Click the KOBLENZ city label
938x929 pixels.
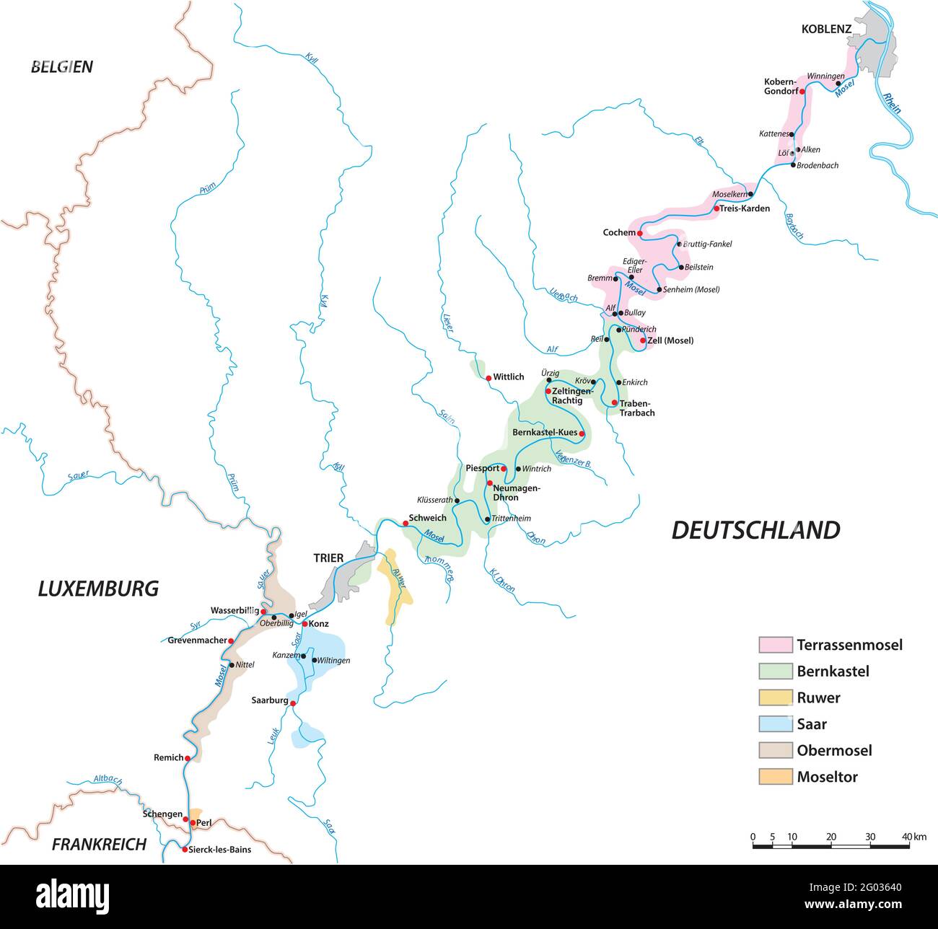click(826, 30)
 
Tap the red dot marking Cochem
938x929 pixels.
click(640, 234)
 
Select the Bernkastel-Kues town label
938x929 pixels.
click(544, 433)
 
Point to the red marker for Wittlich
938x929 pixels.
click(488, 377)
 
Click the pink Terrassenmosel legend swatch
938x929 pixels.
click(775, 645)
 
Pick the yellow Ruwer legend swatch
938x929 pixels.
click(775, 697)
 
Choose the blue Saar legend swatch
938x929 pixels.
click(775, 724)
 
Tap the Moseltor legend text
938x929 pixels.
click(827, 777)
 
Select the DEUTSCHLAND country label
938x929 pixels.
click(755, 530)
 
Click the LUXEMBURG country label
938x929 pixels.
click(98, 589)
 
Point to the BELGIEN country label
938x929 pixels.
click(62, 67)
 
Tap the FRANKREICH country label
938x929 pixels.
click(99, 844)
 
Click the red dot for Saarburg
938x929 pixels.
click(293, 703)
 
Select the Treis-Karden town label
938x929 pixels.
click(745, 208)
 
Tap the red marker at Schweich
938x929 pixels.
click(405, 524)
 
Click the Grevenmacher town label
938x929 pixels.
click(197, 640)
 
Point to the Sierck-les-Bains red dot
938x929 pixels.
click(185, 850)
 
